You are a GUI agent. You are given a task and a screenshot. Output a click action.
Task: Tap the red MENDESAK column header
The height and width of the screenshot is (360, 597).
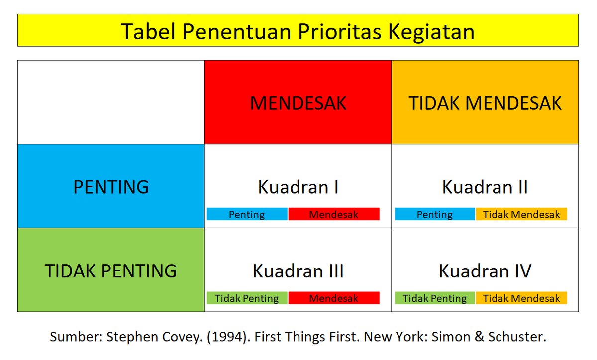tap(298, 103)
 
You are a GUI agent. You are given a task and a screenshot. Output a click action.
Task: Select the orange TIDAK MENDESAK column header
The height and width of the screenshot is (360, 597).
tap(485, 103)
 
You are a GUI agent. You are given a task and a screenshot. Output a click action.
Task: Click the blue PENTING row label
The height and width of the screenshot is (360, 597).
tap(111, 187)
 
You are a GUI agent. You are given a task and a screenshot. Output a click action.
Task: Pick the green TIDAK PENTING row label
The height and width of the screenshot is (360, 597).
tap(111, 270)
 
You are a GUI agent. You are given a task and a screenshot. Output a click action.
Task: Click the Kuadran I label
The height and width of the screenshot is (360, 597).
tap(298, 187)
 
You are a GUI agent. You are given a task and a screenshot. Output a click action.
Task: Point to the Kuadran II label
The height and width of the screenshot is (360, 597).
tap(485, 187)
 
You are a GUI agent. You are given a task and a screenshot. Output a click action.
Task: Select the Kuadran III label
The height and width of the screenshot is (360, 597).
tap(298, 271)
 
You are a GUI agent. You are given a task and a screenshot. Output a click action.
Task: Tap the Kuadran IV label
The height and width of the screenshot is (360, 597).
tap(485, 271)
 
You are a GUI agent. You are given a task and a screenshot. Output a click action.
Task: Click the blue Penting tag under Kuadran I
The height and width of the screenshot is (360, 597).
tap(247, 214)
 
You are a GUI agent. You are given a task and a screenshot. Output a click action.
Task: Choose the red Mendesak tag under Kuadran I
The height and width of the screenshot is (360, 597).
tap(333, 214)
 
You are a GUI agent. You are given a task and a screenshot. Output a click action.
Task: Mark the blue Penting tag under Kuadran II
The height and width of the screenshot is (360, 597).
tap(435, 214)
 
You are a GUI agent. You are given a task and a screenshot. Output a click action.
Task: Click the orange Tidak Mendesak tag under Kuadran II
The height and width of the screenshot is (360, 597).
tap(521, 214)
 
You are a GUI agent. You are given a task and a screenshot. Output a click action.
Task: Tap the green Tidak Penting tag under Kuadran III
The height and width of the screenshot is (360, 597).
tap(247, 298)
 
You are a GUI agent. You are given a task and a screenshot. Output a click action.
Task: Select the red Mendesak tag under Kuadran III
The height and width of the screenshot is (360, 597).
tap(333, 298)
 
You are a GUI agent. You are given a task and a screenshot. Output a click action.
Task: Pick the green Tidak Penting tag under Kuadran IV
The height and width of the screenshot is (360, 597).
tap(435, 298)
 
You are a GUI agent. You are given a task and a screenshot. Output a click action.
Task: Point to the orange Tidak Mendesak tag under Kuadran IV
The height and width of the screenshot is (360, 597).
tap(521, 298)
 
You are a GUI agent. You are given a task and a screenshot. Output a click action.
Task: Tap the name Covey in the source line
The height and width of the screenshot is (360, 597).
tap(181, 337)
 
